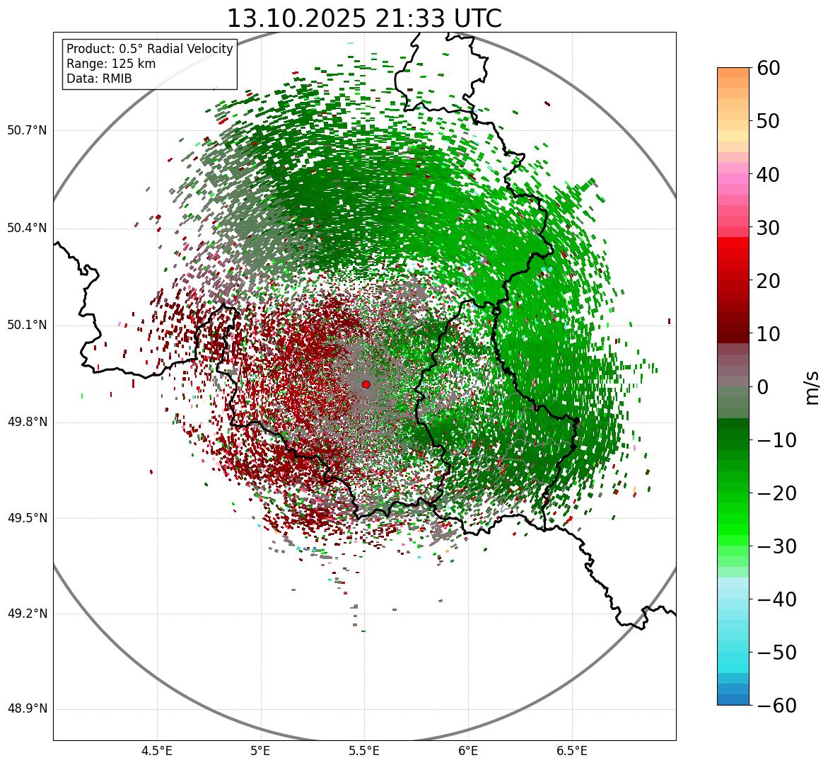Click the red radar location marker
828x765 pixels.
coord(366,384)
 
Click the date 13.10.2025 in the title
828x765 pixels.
coord(296,18)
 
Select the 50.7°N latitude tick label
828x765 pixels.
coord(27,130)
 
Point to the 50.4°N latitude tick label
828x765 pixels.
coord(27,228)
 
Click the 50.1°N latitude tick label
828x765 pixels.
coord(27,326)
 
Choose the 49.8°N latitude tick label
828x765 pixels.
coord(27,422)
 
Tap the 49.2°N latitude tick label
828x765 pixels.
coord(27,614)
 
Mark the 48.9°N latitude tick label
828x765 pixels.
coord(27,709)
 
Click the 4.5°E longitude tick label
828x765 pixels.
coord(157,751)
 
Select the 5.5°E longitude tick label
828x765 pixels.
coord(365,751)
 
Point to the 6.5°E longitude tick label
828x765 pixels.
coord(572,751)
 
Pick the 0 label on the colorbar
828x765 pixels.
coord(763,387)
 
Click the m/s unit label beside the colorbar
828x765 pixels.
coord(812,387)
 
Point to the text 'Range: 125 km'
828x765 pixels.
coord(111,64)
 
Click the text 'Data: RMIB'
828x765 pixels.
coord(99,79)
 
